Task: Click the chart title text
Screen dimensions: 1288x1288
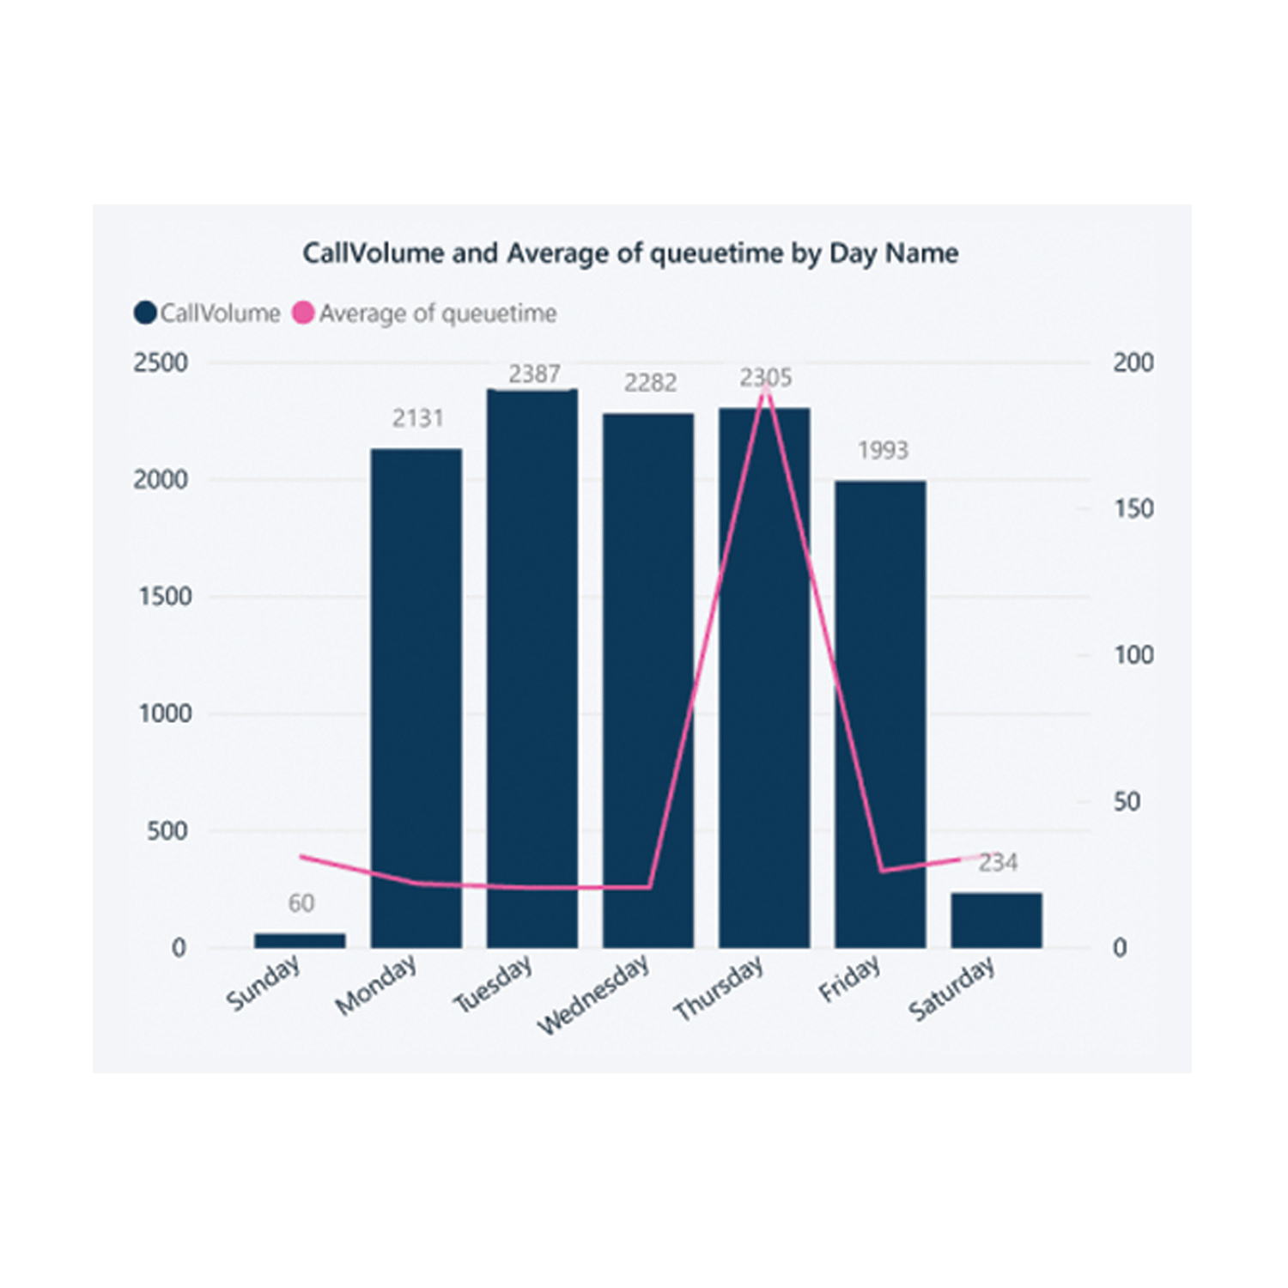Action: (x=630, y=253)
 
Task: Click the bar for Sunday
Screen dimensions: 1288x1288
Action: (x=300, y=940)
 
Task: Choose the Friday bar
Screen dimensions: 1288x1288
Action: (x=880, y=714)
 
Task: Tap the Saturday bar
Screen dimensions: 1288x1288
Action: (x=996, y=920)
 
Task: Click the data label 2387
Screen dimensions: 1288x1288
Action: (x=534, y=374)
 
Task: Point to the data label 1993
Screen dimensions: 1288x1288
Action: (x=883, y=450)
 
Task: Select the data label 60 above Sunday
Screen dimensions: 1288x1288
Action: (x=301, y=903)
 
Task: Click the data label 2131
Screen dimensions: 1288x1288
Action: (x=418, y=418)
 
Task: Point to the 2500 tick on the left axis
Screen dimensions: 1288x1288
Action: (x=161, y=363)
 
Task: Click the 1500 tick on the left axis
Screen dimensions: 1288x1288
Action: (x=165, y=597)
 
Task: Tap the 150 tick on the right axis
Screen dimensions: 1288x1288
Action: (x=1133, y=509)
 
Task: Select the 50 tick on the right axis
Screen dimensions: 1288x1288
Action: (x=1127, y=802)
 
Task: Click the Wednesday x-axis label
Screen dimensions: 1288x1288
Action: (x=594, y=994)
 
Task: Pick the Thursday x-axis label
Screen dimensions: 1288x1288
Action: (x=719, y=988)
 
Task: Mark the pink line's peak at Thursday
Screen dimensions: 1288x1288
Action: (x=765, y=388)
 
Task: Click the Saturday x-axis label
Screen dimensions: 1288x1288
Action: (x=952, y=990)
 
